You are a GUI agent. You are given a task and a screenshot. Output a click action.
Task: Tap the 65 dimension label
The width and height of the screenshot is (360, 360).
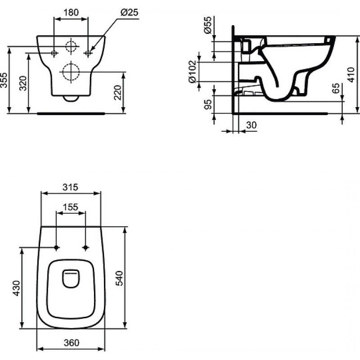(336, 89)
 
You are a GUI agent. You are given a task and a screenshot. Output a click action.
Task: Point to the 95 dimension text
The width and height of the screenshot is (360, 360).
(207, 105)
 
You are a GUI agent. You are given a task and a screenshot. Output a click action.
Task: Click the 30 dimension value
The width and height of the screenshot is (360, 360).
(252, 126)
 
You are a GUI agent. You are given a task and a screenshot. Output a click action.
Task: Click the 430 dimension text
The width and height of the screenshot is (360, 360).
(16, 288)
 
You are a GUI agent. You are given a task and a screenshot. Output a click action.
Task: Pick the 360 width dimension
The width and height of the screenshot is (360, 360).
(70, 342)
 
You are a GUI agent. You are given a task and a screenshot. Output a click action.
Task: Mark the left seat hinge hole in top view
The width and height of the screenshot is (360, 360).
(56, 247)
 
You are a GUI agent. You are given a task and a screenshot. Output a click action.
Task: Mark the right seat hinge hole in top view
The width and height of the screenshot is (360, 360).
(85, 247)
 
